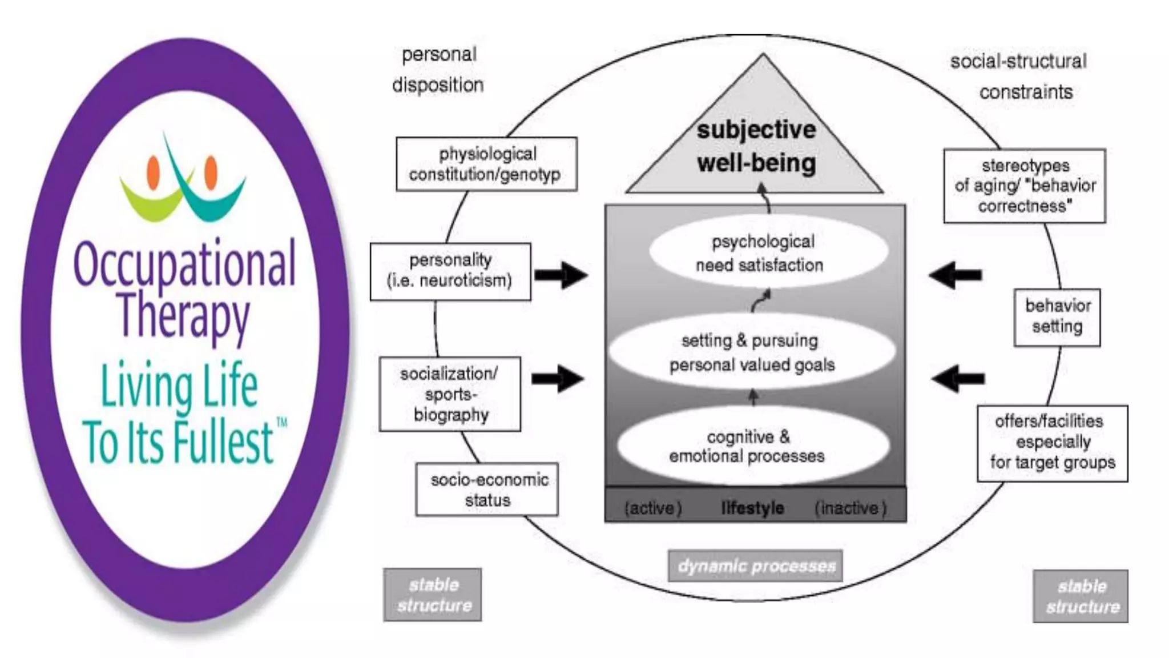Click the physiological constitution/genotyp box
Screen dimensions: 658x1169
[x=486, y=164]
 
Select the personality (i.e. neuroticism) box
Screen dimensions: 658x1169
[x=450, y=271]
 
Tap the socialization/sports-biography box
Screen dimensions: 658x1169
[x=450, y=394]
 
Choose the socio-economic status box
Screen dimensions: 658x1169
[x=487, y=490]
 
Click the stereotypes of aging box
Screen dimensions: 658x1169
[x=1025, y=186]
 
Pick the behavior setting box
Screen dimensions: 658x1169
[x=1057, y=317]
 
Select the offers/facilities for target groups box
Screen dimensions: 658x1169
[x=1052, y=443]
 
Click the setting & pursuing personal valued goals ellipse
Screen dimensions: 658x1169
[x=752, y=352]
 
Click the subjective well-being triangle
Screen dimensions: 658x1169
[x=756, y=147]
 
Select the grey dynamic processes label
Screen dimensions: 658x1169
[x=755, y=565]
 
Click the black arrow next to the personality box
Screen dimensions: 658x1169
[x=561, y=275]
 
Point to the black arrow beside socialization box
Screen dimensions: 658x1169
[x=558, y=378]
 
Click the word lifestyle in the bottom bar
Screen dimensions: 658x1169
[x=752, y=508]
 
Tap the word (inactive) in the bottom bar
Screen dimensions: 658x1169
[x=850, y=508]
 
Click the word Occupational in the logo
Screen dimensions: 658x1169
[x=184, y=264]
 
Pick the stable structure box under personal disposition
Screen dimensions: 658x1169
[x=433, y=595]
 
